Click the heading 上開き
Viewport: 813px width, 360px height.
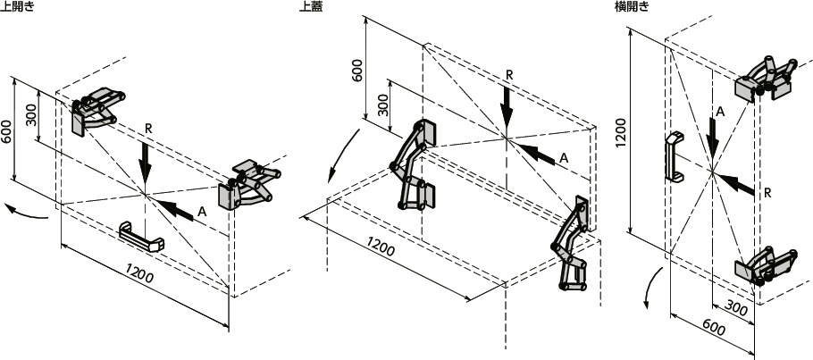17,7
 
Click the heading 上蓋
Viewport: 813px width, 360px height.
311,7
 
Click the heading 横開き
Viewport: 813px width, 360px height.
631,7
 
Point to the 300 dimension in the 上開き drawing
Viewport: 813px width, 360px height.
30,115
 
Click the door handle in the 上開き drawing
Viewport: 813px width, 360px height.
141,237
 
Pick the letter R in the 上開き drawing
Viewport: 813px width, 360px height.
148,130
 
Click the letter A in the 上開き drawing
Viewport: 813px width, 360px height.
203,210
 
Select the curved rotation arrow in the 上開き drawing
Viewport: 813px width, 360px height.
27,213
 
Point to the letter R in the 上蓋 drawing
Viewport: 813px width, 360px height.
509,74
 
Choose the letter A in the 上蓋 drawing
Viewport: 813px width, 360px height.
564,158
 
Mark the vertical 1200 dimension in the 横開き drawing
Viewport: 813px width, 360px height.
621,132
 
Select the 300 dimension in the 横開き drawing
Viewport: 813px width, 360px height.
736,309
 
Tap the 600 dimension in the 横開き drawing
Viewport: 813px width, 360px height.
715,327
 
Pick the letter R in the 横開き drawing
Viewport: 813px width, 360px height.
768,193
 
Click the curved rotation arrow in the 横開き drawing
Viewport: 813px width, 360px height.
653,289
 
